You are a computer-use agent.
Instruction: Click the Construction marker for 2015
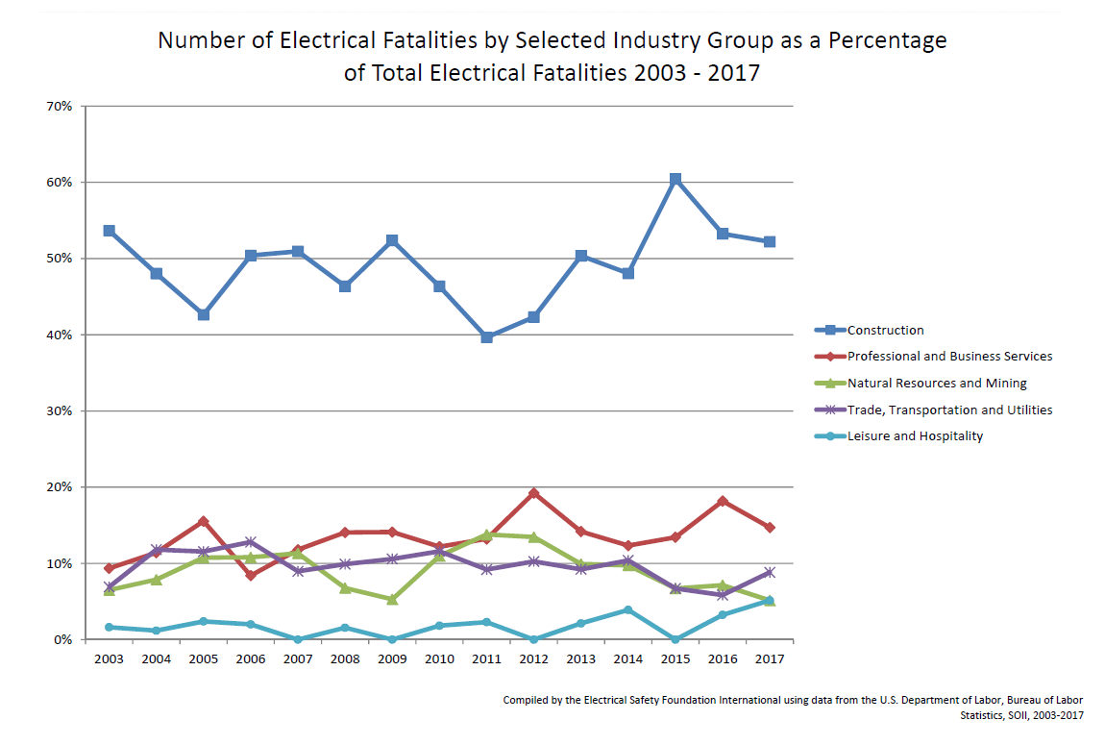click(x=675, y=179)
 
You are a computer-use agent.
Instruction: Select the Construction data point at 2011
click(x=487, y=337)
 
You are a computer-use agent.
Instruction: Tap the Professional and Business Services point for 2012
click(x=534, y=493)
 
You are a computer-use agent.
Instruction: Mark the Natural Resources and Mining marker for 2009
click(x=392, y=599)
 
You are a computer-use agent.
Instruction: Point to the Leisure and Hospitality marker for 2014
click(x=628, y=609)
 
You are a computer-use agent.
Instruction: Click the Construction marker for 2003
click(x=109, y=231)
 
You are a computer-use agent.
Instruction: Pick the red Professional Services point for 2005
click(x=203, y=521)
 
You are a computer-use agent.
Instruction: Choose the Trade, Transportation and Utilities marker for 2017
click(x=770, y=572)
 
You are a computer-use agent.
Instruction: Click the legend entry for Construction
click(x=885, y=330)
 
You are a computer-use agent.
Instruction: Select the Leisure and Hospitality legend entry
click(x=915, y=435)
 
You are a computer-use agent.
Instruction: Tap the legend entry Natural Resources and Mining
click(x=937, y=383)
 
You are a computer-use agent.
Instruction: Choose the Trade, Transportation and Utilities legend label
click(x=949, y=410)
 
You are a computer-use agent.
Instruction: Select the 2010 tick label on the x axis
click(x=439, y=658)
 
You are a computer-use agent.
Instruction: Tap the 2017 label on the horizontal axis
click(x=770, y=658)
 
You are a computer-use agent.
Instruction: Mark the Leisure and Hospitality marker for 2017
click(x=770, y=600)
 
